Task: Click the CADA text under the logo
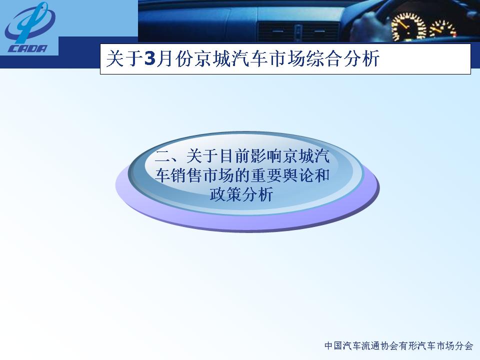27,48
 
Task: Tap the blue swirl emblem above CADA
29,22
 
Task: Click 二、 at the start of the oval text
170,156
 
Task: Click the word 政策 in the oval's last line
225,194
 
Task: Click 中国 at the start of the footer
333,346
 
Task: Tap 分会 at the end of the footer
464,346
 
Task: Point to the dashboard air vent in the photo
298,31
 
